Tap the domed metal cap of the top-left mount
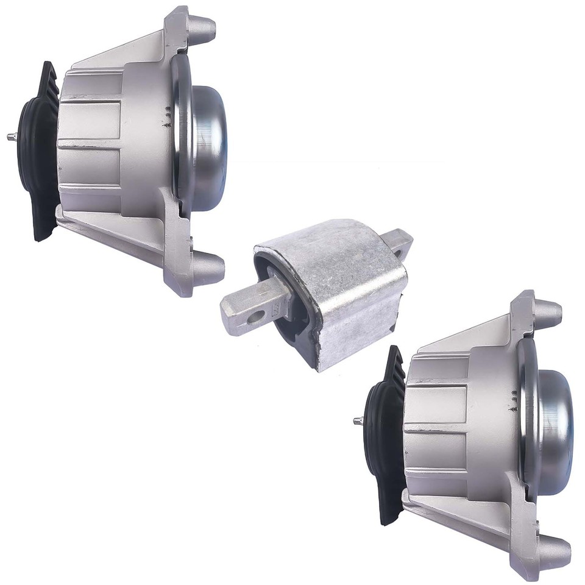coord(210,146)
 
